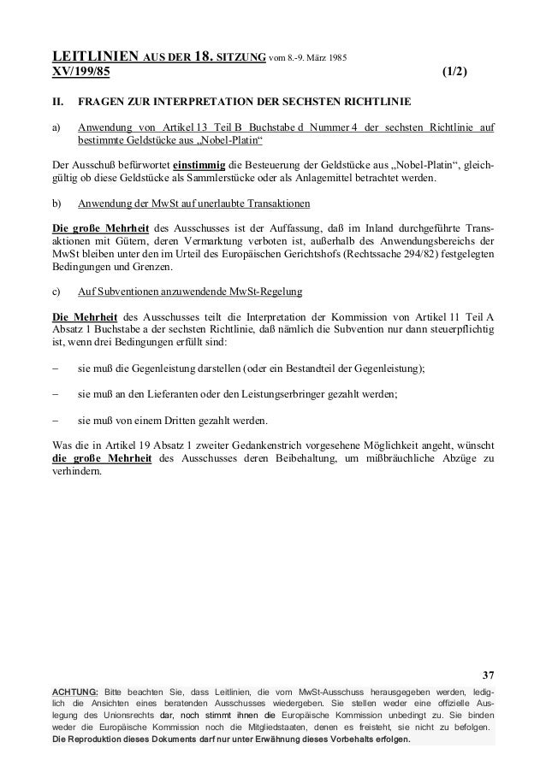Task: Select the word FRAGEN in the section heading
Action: (x=99, y=104)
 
